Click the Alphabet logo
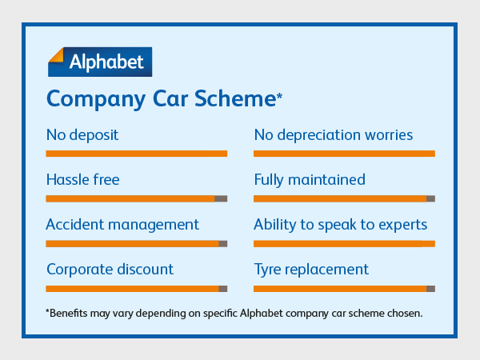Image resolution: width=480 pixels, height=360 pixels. coord(99,61)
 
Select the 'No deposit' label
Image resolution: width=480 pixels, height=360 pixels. coord(82,134)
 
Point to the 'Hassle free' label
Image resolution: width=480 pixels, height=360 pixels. coord(83,179)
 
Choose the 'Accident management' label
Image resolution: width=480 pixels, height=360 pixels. coord(122,224)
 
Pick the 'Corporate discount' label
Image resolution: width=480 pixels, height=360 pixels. coord(110,269)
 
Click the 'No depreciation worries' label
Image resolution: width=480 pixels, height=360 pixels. coord(334,134)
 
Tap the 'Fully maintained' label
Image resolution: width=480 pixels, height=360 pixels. coord(310,179)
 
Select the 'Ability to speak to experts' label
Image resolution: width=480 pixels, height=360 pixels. coord(341,224)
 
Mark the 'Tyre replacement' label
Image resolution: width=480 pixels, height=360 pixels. coord(311,269)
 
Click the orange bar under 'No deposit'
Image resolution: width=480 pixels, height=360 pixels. coord(137,154)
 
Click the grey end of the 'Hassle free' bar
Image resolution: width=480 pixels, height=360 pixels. coord(222,198)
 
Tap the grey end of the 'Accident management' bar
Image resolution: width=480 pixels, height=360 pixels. coord(223,243)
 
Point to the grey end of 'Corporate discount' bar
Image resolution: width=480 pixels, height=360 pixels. coord(223,288)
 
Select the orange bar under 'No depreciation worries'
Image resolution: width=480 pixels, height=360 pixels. coord(344,154)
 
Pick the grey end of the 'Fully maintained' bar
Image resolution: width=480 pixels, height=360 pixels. coord(430,198)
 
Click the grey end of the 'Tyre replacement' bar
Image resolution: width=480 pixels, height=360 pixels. coord(430,288)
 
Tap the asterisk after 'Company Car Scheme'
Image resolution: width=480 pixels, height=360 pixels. coord(279,97)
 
